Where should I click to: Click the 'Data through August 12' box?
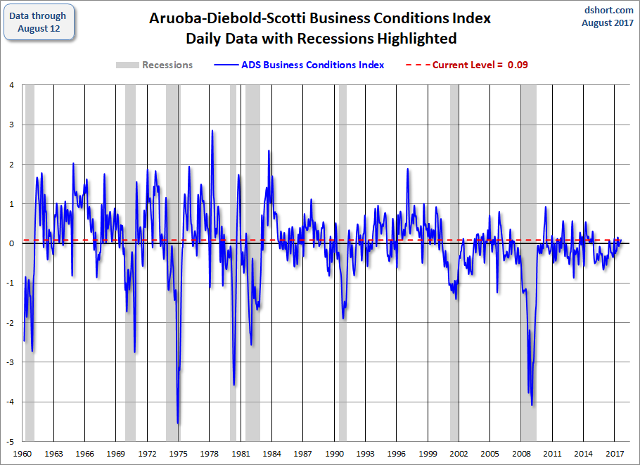(x=39, y=22)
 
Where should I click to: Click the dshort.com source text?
(x=608, y=11)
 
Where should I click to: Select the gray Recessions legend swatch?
(x=127, y=65)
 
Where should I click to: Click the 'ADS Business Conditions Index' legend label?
(x=313, y=65)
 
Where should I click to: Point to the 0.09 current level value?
(x=518, y=65)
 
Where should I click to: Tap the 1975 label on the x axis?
(x=179, y=454)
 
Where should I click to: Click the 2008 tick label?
(x=521, y=454)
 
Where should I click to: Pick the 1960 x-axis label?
(x=23, y=454)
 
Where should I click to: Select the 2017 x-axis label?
(x=615, y=454)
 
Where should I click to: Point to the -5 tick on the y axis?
(x=11, y=441)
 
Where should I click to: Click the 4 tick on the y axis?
(x=12, y=85)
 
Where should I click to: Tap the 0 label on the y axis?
(x=12, y=243)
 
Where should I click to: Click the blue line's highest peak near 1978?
(x=212, y=131)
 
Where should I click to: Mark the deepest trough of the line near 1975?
(x=178, y=423)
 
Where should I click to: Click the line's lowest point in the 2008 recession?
(x=532, y=405)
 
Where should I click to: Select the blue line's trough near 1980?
(x=234, y=385)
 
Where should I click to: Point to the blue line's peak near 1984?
(x=269, y=151)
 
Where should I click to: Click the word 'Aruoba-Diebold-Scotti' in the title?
(x=226, y=18)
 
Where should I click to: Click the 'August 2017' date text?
(x=608, y=23)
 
